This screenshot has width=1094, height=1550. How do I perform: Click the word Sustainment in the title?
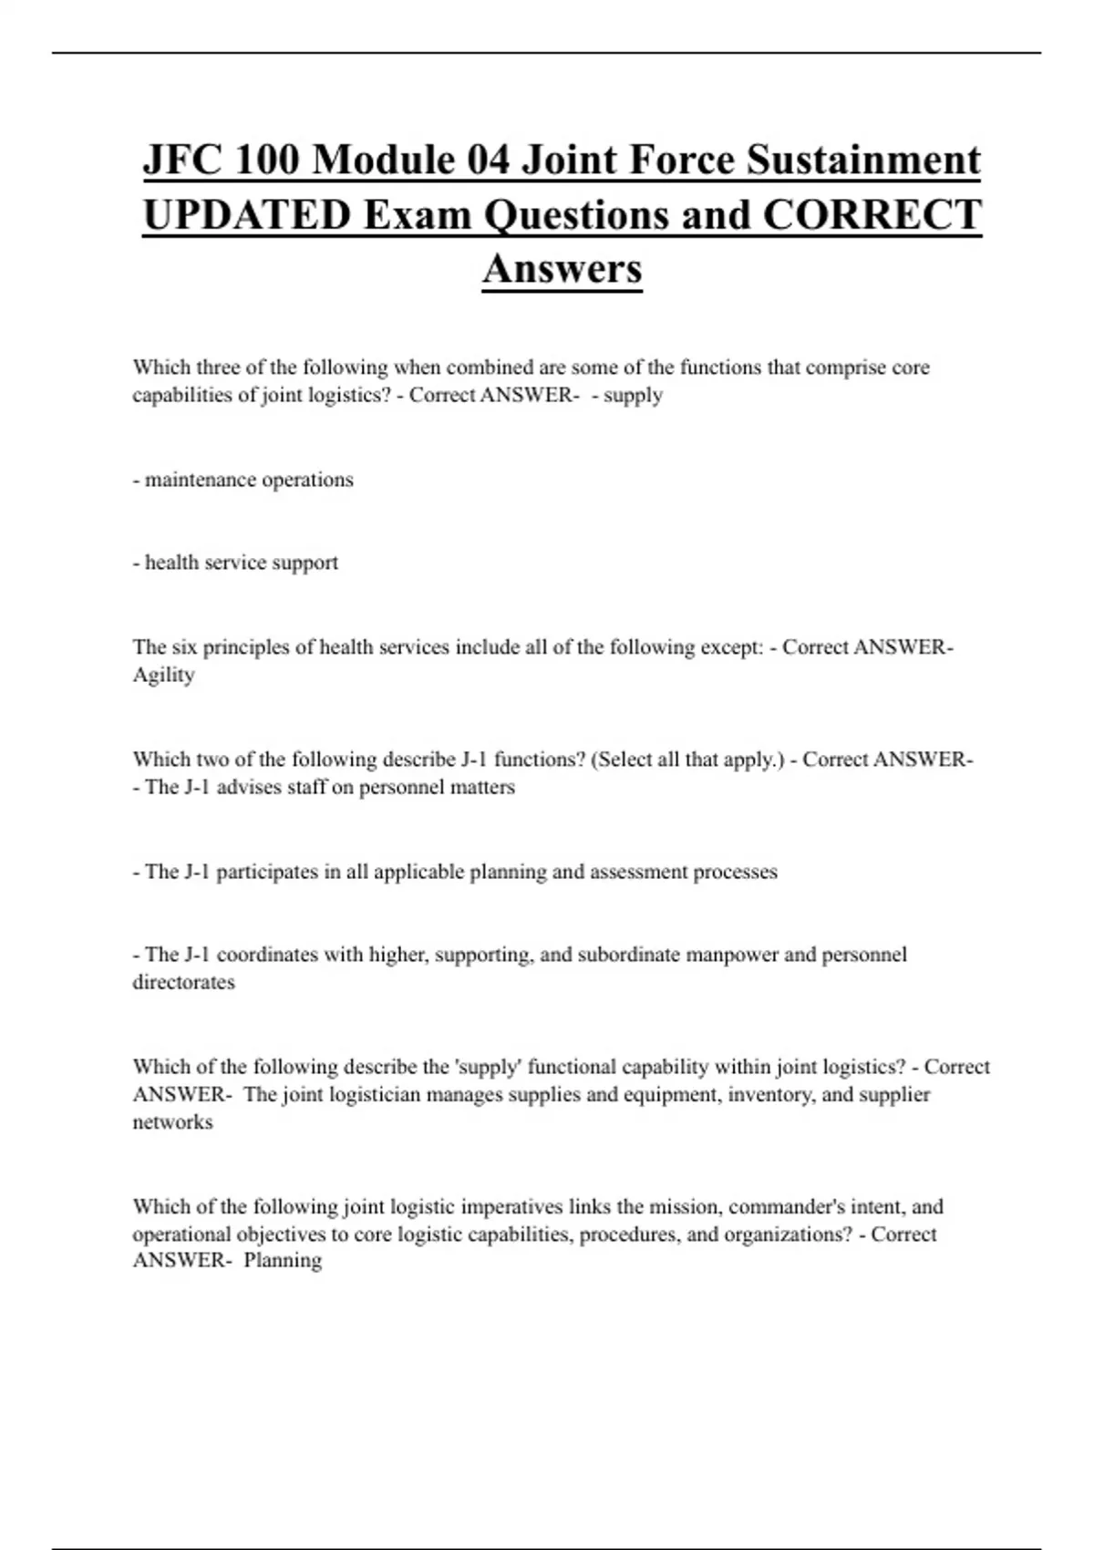[x=864, y=160]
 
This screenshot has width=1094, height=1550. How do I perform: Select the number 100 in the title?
[x=266, y=160]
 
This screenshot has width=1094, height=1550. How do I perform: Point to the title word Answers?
[x=562, y=268]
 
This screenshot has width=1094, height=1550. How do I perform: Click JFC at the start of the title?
[x=182, y=160]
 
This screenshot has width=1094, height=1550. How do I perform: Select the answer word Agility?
[x=164, y=676]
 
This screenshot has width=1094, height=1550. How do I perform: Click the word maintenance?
[x=200, y=480]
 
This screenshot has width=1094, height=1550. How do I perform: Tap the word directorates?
[x=183, y=983]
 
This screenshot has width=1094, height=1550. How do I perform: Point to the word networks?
[x=172, y=1122]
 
